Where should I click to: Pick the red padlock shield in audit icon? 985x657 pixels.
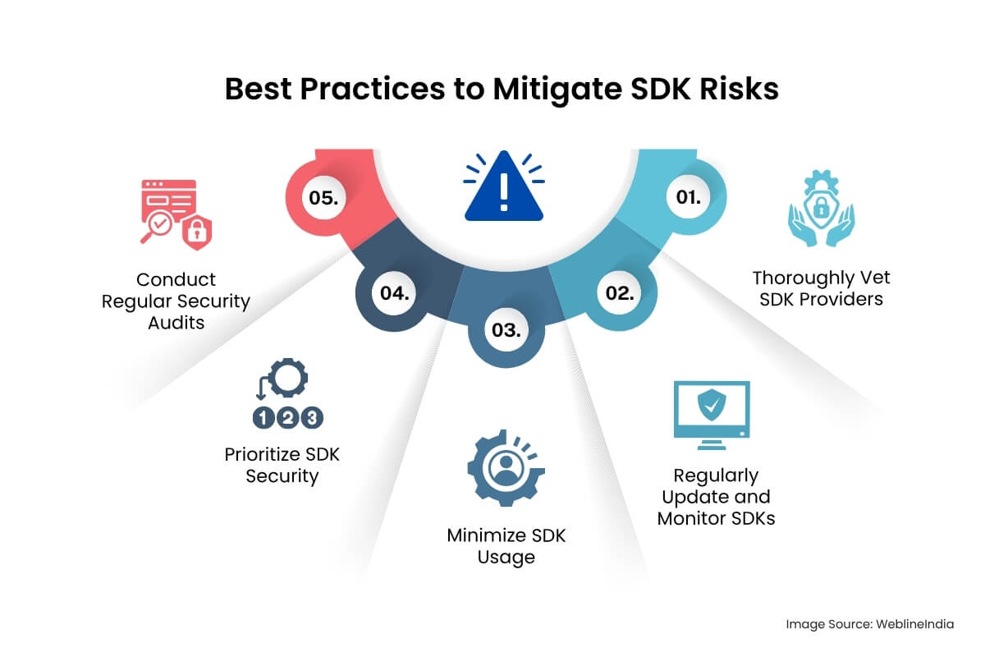195,233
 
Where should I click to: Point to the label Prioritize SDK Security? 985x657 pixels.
282,465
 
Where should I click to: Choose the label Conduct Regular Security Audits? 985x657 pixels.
176,301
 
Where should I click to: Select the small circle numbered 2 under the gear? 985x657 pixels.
287,417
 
